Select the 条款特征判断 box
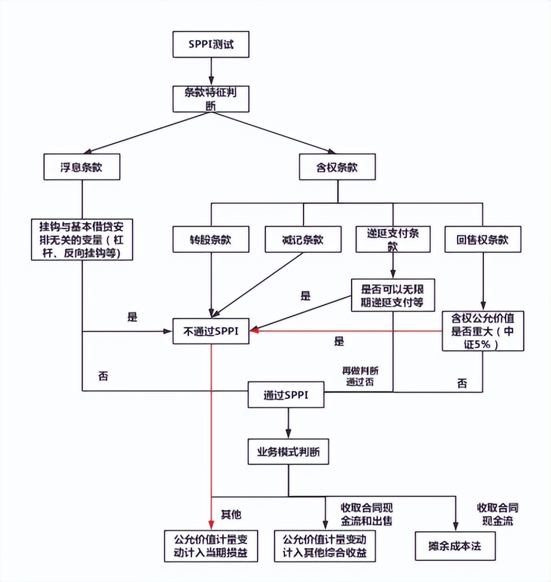[210, 98]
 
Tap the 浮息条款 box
[82, 166]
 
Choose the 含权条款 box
[337, 166]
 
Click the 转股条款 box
[210, 240]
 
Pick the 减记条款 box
[302, 240]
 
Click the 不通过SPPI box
[211, 331]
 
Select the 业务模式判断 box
[288, 451]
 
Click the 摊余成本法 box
[457, 545]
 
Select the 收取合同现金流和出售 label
[367, 514]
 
